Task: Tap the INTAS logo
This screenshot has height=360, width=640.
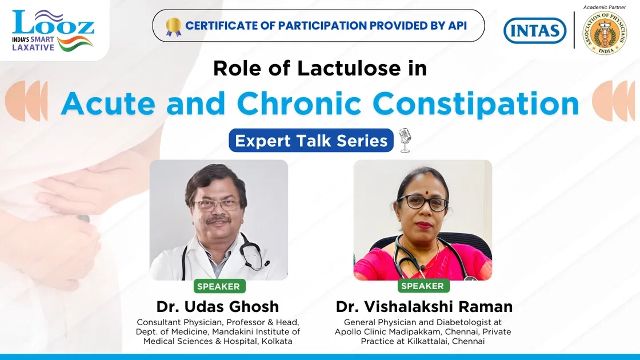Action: coord(535,30)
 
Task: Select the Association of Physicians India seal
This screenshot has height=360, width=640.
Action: coord(604,33)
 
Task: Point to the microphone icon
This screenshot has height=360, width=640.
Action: coord(405,141)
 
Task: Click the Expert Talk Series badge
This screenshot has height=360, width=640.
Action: coord(311,141)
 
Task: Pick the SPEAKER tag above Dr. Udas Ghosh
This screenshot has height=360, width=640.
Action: coord(219,286)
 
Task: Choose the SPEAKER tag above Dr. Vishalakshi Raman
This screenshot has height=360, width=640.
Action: coord(422,286)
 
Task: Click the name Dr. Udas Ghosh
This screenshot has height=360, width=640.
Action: coord(218,306)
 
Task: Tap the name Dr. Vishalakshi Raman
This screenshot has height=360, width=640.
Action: coord(424,306)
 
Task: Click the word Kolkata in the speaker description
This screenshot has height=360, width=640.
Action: coord(275,341)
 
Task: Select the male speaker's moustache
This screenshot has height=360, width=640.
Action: coord(218,220)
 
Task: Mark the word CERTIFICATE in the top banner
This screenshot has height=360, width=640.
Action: coord(221,26)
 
